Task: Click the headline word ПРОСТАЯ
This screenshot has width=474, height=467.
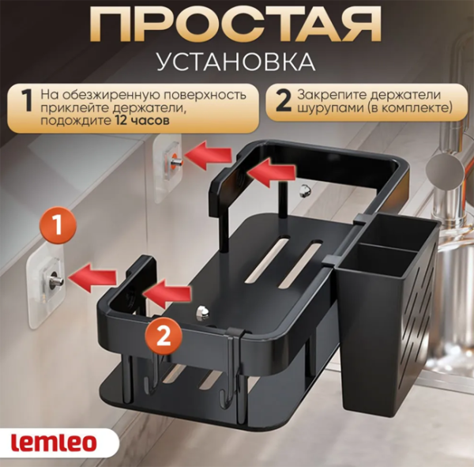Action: coord(237,25)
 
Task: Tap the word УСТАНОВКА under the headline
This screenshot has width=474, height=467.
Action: coord(236,62)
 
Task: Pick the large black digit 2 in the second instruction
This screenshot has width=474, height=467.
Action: coord(284,101)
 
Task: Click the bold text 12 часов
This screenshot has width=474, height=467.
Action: coord(142,121)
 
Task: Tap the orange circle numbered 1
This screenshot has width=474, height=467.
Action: coord(57,225)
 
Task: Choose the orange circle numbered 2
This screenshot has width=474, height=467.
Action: coord(164,335)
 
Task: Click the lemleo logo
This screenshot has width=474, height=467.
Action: coord(54,443)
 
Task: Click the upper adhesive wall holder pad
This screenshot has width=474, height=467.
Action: coord(167,167)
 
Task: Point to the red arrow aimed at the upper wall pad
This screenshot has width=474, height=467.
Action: coord(208,155)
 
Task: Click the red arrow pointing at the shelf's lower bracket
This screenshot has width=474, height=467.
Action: coord(167,294)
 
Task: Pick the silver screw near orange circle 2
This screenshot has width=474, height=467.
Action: coord(202,312)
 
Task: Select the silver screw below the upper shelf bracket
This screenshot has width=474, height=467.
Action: coord(305,191)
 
